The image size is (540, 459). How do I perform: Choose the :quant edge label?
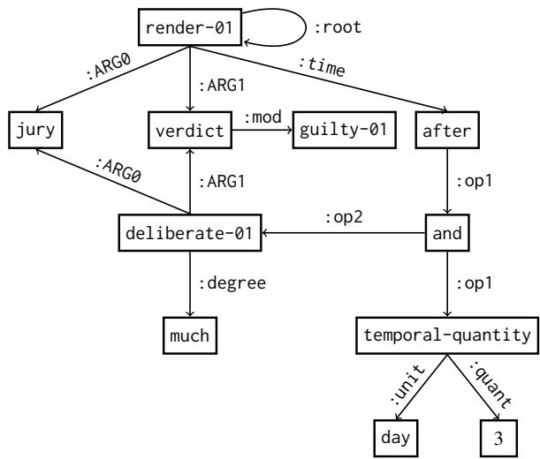coord(500,382)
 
